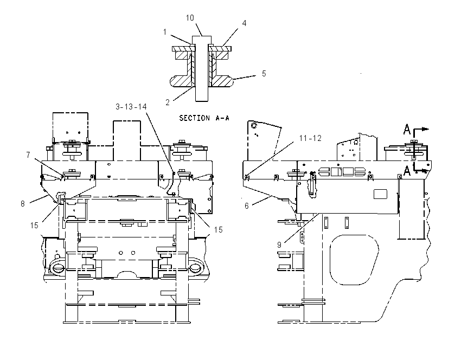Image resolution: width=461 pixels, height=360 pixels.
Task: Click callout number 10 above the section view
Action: (x=190, y=18)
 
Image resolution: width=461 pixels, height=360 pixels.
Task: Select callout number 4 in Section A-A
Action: (x=244, y=23)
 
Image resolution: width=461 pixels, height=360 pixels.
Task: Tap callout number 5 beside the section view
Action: (x=264, y=74)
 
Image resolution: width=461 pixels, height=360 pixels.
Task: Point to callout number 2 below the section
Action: (x=168, y=102)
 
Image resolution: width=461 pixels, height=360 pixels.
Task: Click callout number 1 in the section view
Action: (x=165, y=32)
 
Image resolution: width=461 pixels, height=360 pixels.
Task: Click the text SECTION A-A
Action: (x=204, y=118)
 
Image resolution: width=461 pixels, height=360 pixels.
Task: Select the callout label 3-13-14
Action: (x=131, y=106)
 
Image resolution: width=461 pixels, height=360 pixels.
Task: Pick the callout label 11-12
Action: (x=310, y=138)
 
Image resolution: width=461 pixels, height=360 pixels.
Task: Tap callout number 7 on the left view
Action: (x=28, y=155)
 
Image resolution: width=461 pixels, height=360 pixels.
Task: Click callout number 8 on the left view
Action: (x=23, y=204)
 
